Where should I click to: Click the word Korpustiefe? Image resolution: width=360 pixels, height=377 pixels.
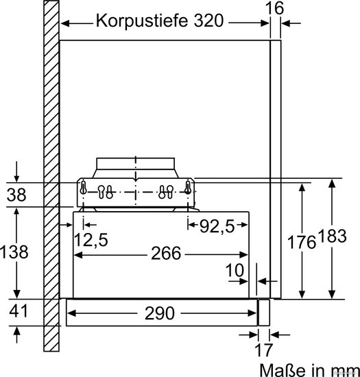pos(141,21)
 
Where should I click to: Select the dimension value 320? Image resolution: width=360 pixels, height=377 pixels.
pos(208,21)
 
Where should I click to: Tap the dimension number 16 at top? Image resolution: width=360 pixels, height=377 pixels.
pos(274,8)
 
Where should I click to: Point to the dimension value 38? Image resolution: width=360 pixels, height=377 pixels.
pos(16,195)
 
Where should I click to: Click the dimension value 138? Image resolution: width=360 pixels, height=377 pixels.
pos(14,252)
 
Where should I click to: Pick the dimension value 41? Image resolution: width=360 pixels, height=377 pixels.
pos(19,311)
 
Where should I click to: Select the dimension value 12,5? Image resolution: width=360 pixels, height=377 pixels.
pos(91,240)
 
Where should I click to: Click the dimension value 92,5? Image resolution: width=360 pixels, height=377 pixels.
pos(217,226)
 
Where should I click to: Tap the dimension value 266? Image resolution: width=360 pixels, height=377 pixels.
pos(166,253)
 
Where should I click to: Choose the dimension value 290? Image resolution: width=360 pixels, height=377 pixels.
pos(160,313)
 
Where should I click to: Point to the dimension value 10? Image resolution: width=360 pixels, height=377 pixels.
pos(235,270)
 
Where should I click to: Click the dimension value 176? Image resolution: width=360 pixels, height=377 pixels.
pos(301,242)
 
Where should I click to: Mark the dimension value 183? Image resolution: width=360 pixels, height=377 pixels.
pos(333,236)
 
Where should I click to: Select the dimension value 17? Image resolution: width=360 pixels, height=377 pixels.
pos(263,350)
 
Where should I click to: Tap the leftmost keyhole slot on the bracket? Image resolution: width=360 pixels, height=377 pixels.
pos(83,188)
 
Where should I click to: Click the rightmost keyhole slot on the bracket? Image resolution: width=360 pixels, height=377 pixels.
pos(188,188)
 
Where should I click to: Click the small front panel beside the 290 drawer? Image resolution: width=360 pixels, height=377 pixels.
pos(264,313)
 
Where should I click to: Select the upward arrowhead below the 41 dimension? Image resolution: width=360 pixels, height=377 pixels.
pos(16,331)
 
